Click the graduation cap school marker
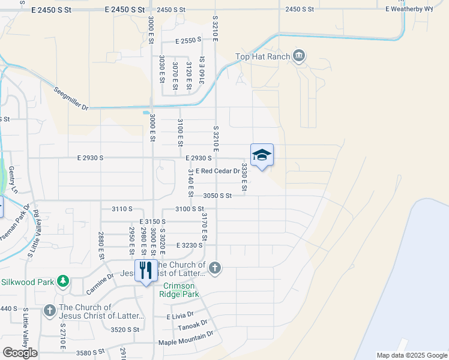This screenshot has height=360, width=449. (x=262, y=156)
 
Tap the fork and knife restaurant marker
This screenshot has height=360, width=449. (x=145, y=271)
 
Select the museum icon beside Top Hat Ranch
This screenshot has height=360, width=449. (x=299, y=57)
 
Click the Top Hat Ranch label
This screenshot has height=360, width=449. (x=262, y=57)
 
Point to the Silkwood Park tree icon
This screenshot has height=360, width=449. (x=62, y=281)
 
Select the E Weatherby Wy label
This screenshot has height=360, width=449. (x=410, y=9)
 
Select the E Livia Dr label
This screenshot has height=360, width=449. (x=180, y=314)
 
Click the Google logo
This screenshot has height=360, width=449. (x=20, y=352)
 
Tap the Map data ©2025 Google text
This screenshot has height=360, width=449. (x=411, y=355)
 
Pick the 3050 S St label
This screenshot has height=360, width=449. (x=217, y=196)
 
